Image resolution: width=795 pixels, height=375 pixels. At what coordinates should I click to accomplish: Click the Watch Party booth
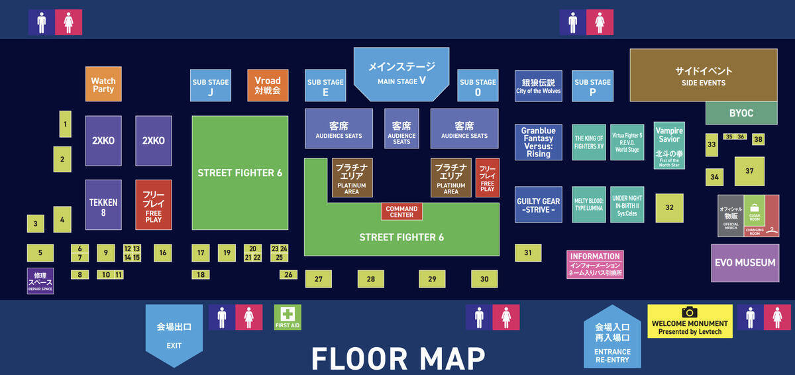click(103, 84)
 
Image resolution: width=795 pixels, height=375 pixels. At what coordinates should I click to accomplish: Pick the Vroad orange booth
click(268, 85)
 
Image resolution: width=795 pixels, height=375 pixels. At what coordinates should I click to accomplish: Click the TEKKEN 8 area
click(103, 204)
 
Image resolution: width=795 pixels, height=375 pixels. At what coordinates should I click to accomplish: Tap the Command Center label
click(401, 211)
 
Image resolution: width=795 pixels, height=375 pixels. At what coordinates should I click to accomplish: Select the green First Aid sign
click(288, 317)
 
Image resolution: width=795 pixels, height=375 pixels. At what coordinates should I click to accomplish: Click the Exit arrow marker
click(174, 334)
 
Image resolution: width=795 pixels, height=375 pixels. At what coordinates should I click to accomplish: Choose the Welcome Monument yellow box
click(690, 321)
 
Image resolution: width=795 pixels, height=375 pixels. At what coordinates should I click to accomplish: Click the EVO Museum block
click(745, 262)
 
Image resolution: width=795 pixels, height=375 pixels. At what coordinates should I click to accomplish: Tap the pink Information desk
click(595, 264)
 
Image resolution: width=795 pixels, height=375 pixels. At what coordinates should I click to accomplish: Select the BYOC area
click(741, 113)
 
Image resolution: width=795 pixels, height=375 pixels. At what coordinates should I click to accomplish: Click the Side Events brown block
click(703, 75)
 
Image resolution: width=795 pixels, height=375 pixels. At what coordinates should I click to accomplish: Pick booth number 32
click(669, 207)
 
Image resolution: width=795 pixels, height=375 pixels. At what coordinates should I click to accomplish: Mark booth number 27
click(318, 279)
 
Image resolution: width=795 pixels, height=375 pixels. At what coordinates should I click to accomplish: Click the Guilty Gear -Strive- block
click(538, 204)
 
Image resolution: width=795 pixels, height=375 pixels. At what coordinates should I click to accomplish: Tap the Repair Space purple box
click(40, 281)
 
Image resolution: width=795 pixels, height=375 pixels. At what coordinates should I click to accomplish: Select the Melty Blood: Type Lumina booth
click(588, 204)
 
